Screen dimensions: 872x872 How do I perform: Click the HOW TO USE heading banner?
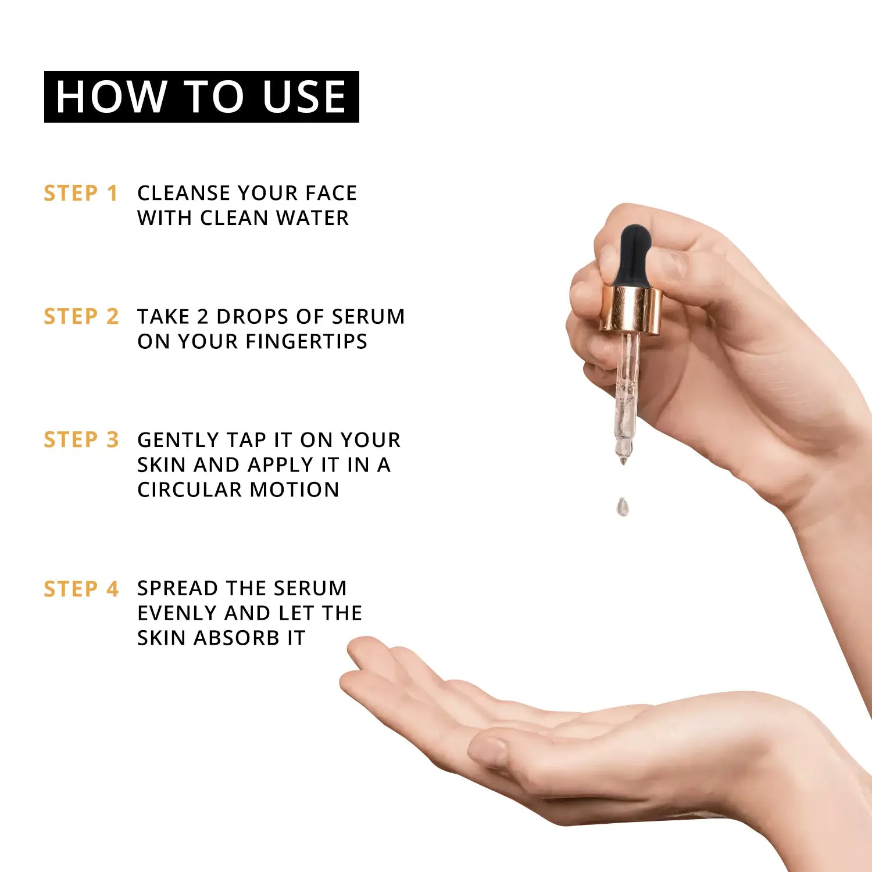[x=201, y=97]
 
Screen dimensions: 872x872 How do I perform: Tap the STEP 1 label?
[x=81, y=193]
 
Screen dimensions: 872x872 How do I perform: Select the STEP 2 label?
[x=81, y=316]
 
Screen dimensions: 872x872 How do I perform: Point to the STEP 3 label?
[x=81, y=439]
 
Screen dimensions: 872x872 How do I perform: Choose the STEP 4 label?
[x=81, y=589]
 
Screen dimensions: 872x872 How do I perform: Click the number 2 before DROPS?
[x=202, y=316]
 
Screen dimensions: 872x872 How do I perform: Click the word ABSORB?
[x=236, y=638]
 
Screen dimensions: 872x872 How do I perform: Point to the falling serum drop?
[x=623, y=506]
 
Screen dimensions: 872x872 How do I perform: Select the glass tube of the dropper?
[x=626, y=395]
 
